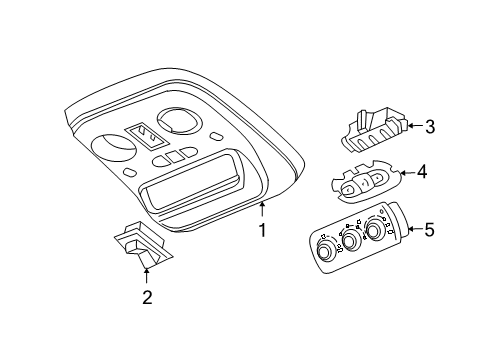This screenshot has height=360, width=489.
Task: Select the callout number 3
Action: (429, 126)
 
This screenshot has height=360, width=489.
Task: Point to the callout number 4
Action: (422, 173)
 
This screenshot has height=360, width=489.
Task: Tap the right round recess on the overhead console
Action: (178, 122)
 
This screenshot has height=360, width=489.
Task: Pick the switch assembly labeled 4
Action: (363, 181)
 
